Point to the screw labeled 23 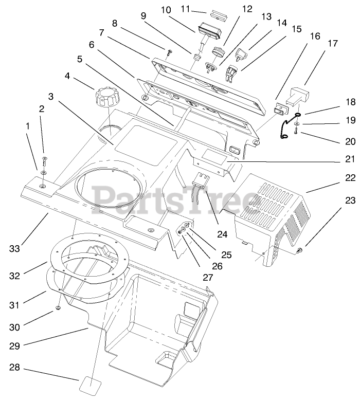[x=300, y=250]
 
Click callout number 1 [x=28, y=125]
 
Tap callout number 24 [x=222, y=219]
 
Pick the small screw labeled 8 [x=169, y=50]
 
